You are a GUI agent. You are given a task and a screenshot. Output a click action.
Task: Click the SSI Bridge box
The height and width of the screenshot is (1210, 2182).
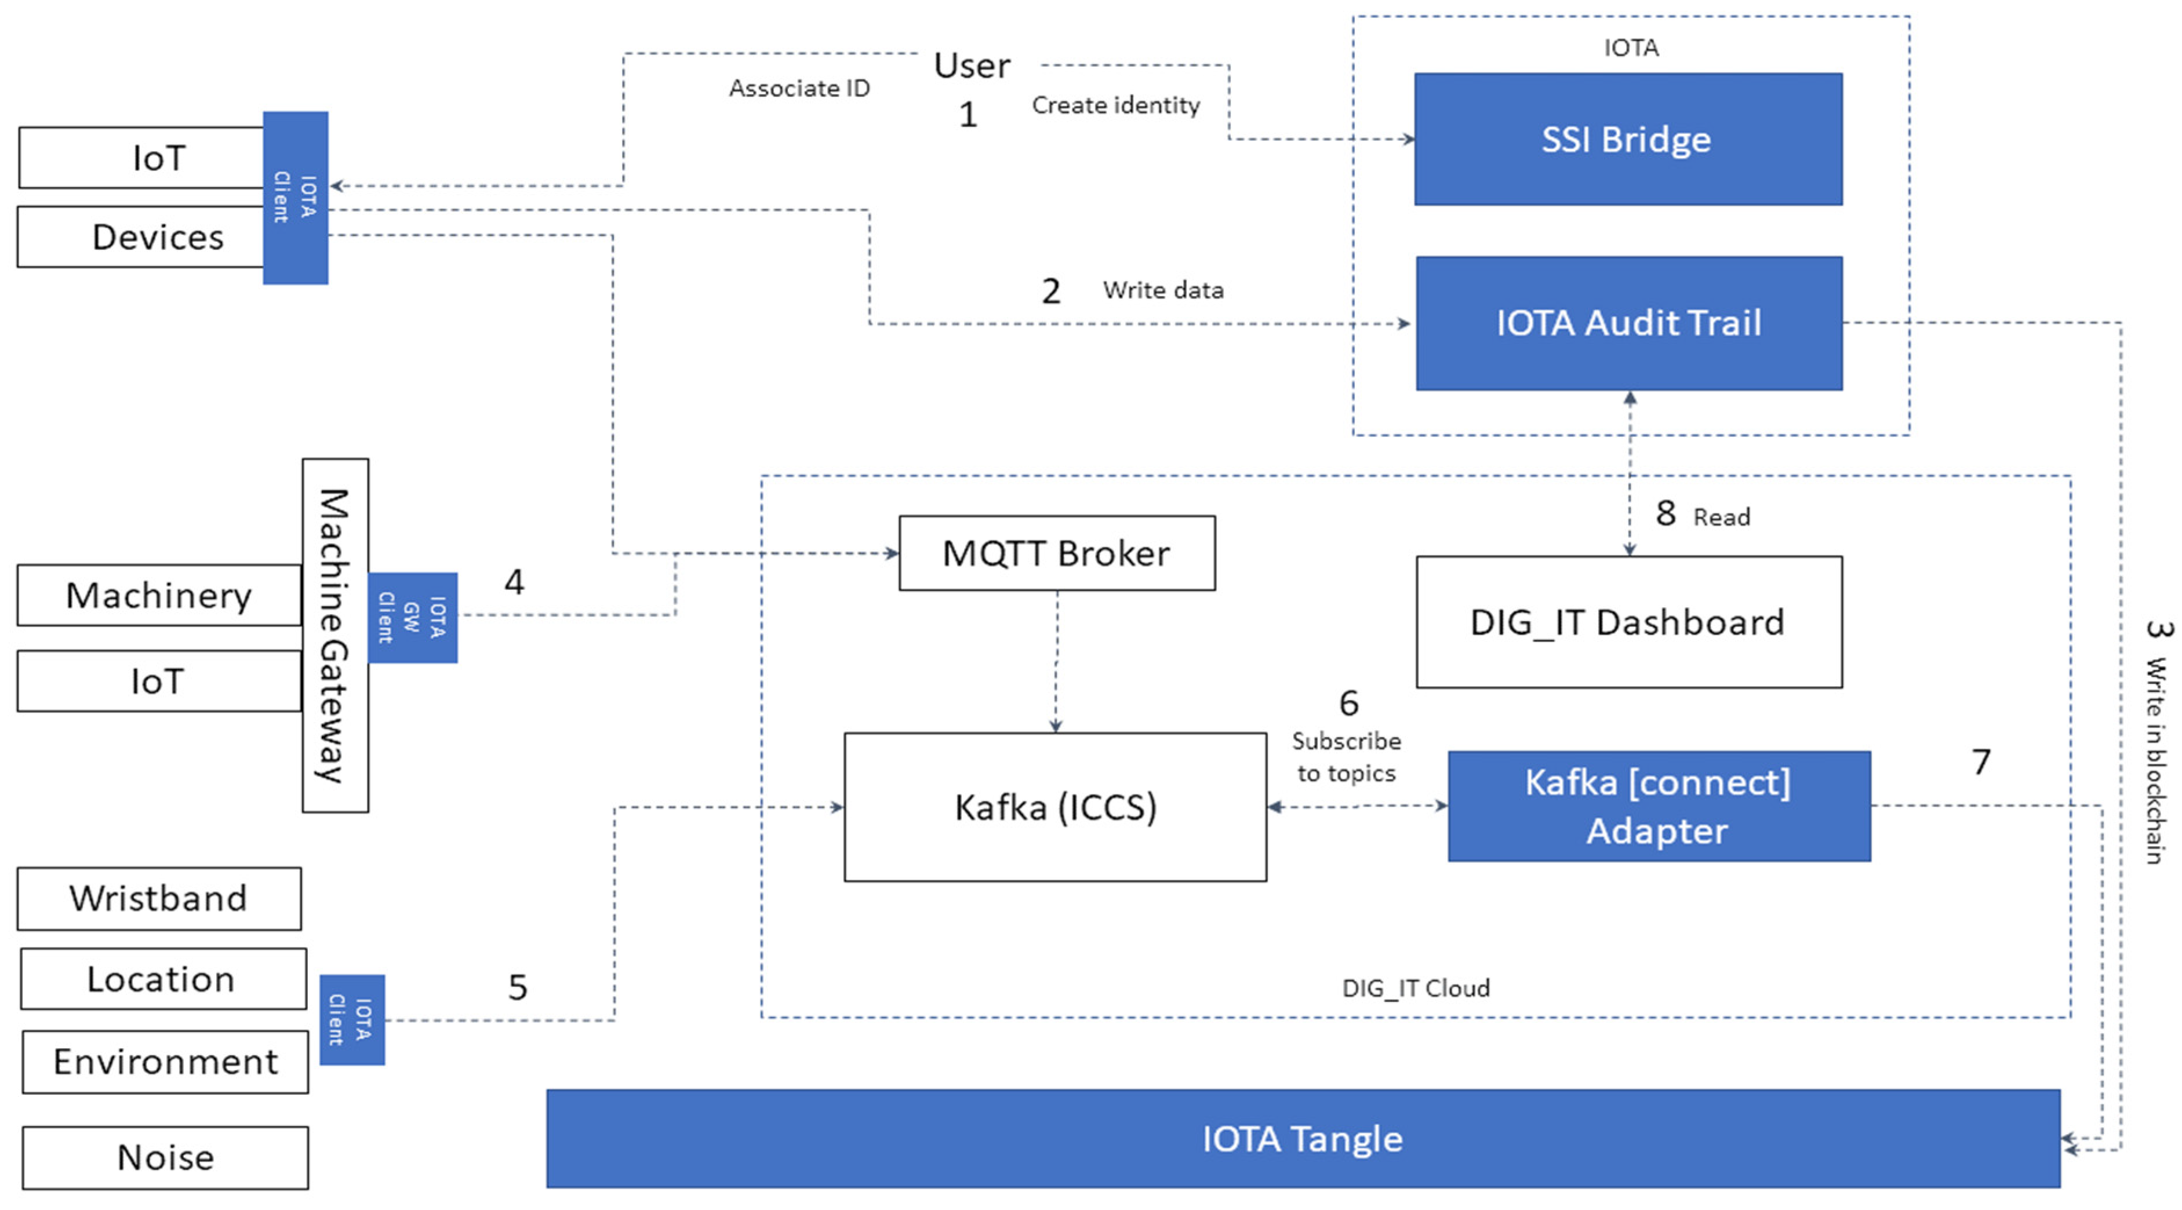pos(1627,139)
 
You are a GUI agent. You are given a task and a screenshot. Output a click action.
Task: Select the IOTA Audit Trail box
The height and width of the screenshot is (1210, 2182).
pos(1628,323)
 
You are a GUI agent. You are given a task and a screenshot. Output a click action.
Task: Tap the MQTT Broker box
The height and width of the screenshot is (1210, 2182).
pos(1056,553)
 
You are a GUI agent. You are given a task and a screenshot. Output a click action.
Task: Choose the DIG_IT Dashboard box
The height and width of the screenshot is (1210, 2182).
pos(1628,622)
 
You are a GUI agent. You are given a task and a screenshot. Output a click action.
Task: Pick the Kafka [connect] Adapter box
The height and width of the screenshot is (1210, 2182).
pos(1659,806)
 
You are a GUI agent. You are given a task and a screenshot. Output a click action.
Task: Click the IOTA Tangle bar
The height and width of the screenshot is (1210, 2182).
pos(1302,1139)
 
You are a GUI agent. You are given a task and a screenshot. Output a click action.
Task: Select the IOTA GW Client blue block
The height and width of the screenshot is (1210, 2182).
pos(413,617)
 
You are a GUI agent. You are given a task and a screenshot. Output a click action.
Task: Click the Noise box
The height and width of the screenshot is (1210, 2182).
pos(165,1157)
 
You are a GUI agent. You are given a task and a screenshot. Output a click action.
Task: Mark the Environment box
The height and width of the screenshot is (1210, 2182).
pos(165,1062)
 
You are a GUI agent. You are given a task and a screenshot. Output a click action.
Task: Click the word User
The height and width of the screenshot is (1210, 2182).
pos(972,66)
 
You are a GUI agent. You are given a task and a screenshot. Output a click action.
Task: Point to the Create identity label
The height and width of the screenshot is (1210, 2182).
pos(1115,105)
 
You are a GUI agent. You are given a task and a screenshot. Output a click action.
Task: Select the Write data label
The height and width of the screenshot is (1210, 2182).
pos(1162,290)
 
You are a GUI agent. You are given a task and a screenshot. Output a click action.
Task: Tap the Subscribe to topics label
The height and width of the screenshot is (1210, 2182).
pos(1346,757)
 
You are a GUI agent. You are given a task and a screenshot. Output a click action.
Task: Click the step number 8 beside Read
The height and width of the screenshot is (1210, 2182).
pos(1665,513)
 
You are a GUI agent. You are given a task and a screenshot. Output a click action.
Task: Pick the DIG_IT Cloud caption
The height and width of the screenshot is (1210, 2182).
pos(1416,988)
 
